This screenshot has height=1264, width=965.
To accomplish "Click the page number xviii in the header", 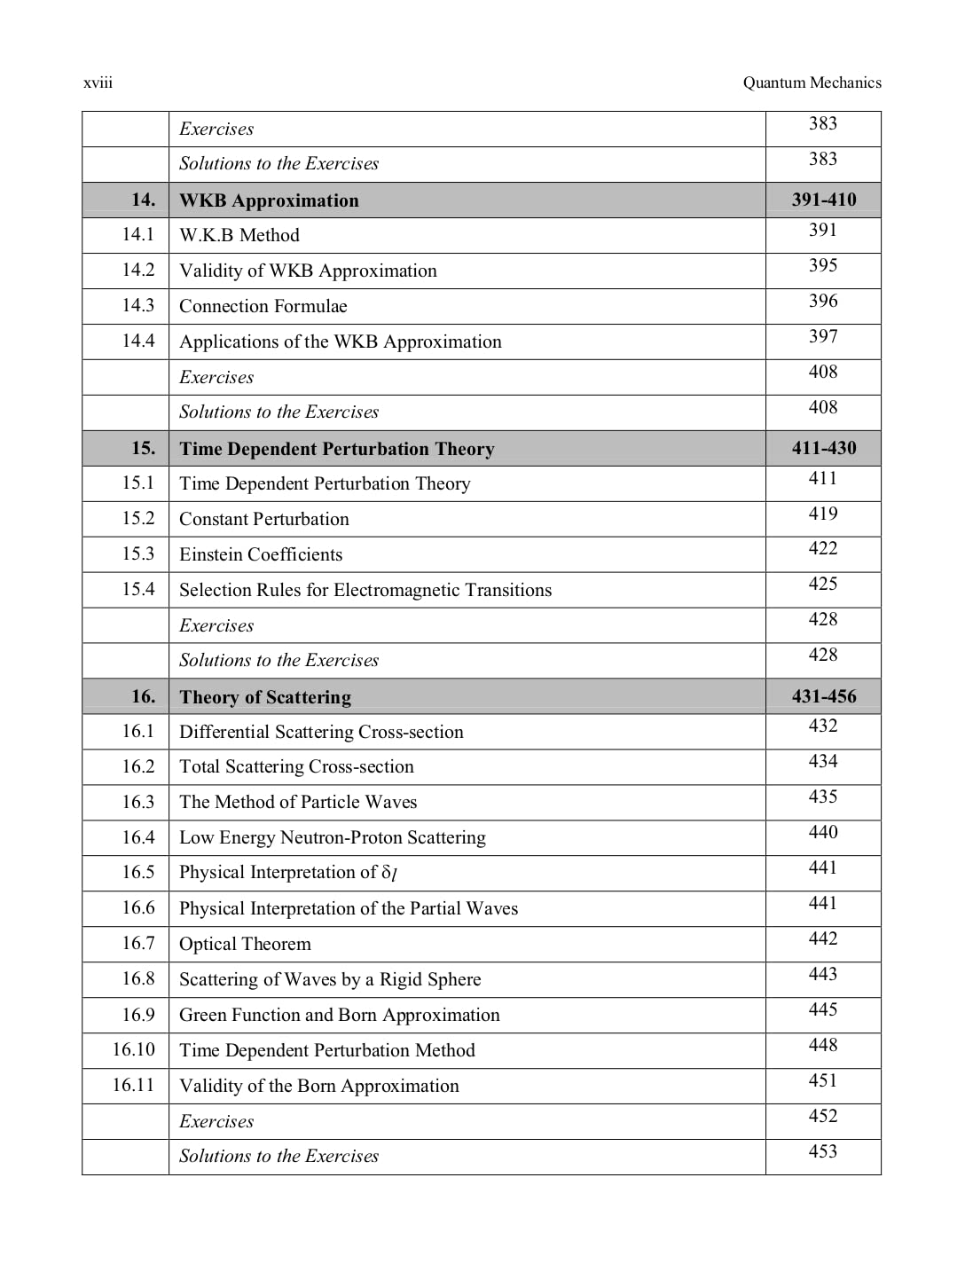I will (x=98, y=83).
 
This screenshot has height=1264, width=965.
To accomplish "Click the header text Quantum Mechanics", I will (x=812, y=82).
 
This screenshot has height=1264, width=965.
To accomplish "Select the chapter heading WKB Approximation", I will (x=269, y=200).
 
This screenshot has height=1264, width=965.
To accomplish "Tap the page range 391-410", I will (x=824, y=200).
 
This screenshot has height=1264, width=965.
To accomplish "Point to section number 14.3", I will (x=138, y=305).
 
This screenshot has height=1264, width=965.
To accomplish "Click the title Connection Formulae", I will (x=263, y=306).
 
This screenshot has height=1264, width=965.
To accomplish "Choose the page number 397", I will (x=823, y=336).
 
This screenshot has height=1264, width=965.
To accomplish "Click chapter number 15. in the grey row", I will (x=143, y=448).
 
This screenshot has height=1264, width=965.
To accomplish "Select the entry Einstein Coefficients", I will (x=261, y=554).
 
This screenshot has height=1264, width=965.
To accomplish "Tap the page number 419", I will (x=823, y=514).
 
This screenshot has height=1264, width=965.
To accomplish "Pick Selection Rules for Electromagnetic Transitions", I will (x=365, y=590).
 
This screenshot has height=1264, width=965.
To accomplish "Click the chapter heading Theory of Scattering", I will (x=265, y=697).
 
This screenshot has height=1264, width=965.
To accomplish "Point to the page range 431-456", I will (x=824, y=696).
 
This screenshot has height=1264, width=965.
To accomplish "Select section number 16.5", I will (x=138, y=872).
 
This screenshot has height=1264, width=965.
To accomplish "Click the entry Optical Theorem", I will (x=245, y=944).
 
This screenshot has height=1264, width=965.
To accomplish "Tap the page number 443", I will (x=823, y=974).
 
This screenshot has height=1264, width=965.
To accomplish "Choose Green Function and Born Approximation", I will (x=340, y=1015).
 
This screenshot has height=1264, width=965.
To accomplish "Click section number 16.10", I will (x=134, y=1049).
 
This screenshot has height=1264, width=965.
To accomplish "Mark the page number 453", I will (x=823, y=1151).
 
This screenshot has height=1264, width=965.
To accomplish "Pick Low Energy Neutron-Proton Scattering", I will (x=333, y=837).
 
